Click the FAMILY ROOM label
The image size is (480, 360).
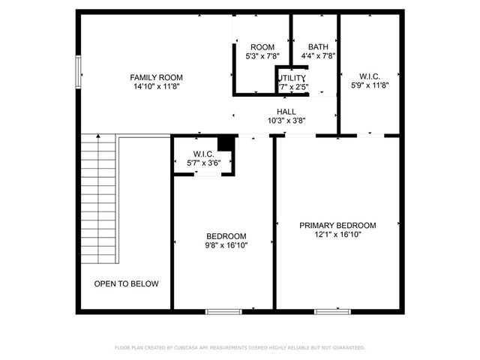coord(156,77)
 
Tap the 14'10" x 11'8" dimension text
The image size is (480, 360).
coord(156,87)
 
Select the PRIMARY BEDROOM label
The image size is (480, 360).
coord(337,225)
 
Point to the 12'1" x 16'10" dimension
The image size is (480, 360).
coord(337,235)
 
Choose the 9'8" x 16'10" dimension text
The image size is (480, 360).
coord(226,244)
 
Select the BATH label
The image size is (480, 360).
coord(317,46)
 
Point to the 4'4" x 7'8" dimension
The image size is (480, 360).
coord(317,55)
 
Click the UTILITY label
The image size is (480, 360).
coord(292,78)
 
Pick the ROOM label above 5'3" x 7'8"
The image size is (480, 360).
coord(262,46)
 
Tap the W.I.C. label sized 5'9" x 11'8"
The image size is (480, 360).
coord(369,76)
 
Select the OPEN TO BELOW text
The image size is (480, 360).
coord(126,283)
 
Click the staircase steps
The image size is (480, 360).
coord(99,199)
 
